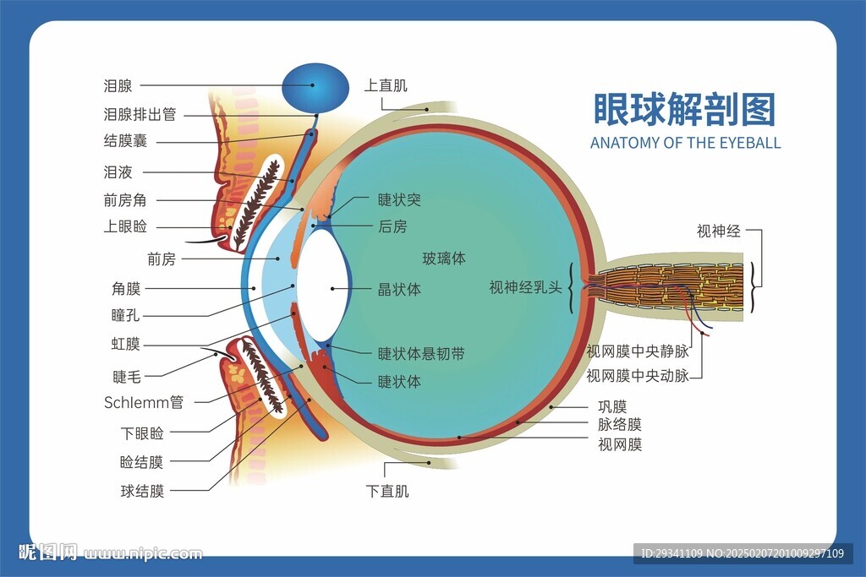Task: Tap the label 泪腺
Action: coord(118,85)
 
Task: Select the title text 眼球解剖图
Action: coord(684,109)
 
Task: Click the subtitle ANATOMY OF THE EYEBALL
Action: coord(685,143)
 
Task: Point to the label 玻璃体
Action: coord(444,259)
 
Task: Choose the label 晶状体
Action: coord(399,290)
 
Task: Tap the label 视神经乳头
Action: coord(525,287)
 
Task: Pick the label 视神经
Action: coord(718,231)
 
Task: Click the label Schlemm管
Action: coord(143,402)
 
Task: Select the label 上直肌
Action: coord(386,85)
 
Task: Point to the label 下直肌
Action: coord(387,491)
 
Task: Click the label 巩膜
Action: coord(612,407)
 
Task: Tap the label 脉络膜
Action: coord(619,425)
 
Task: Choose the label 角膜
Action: coord(126,289)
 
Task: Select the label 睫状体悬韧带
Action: coord(420,354)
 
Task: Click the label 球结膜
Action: coord(142,491)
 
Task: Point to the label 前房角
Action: coord(126,200)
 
